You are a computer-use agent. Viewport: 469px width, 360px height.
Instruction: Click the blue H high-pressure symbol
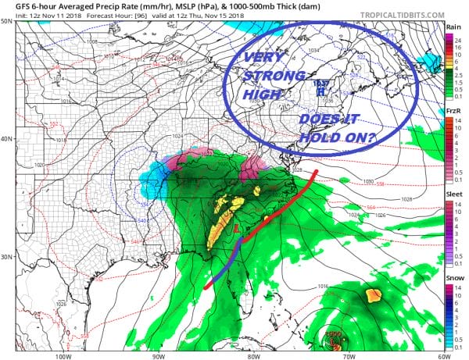click(320, 91)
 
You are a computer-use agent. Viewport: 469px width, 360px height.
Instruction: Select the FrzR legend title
click(453, 112)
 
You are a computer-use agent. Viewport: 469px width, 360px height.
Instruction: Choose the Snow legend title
click(453, 280)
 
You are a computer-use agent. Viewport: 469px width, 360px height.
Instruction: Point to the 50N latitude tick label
click(7, 21)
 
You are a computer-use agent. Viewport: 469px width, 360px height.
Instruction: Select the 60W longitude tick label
click(442, 355)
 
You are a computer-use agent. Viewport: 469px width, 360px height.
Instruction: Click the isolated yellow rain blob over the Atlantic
click(373, 296)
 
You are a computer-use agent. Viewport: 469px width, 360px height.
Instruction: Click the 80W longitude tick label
click(252, 355)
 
